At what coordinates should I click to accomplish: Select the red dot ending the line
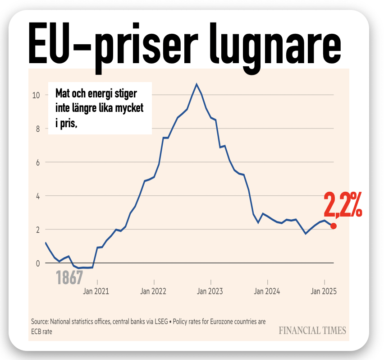point(334,226)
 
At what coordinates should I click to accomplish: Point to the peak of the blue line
point(197,84)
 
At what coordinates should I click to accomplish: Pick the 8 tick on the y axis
point(38,129)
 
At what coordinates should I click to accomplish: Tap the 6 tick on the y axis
point(38,162)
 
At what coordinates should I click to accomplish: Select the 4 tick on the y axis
point(38,196)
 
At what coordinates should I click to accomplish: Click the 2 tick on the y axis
point(38,230)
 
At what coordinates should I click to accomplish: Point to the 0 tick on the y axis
point(38,263)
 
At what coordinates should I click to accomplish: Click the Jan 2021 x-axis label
point(96,291)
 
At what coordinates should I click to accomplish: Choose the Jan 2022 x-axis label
point(153,291)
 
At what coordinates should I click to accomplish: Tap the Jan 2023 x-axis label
point(210,291)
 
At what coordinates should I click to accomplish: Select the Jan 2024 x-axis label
point(267,291)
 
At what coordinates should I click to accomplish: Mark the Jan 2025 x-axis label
point(323,291)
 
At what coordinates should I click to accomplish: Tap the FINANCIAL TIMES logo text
point(312,330)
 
